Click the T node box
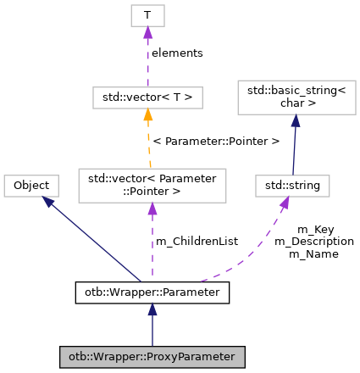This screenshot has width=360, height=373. click(147, 15)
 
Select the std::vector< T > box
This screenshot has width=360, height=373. click(147, 97)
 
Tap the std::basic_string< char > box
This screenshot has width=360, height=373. click(296, 98)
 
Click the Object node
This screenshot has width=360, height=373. click(31, 186)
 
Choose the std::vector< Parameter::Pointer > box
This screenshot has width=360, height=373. click(152, 186)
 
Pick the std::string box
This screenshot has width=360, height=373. click(292, 186)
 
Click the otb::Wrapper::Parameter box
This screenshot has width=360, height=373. click(152, 293)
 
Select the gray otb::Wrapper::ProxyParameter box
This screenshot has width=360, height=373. click(152, 357)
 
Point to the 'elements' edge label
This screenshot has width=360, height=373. click(177, 53)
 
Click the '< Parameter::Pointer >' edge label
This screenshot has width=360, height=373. click(216, 141)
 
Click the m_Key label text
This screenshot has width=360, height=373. click(314, 230)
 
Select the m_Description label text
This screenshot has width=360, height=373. click(314, 242)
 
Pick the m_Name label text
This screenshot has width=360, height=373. click(314, 253)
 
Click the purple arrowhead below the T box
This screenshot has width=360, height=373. click(147, 33)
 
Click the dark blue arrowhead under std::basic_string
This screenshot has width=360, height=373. click(296, 122)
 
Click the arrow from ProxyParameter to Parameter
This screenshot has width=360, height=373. click(152, 326)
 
